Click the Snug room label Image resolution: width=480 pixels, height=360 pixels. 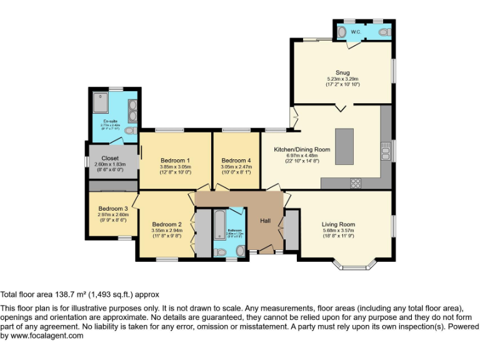342,72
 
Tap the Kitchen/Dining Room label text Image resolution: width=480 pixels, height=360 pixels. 302,150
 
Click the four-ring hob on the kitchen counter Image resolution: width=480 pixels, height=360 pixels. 356,183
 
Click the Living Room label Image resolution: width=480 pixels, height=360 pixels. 338,224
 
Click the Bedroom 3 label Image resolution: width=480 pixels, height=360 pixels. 112,209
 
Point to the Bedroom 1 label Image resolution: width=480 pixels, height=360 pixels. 175,161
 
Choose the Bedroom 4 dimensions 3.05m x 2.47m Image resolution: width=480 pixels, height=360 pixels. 236,167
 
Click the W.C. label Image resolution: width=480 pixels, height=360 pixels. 356,31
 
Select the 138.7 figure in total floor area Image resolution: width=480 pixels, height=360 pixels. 66,294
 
